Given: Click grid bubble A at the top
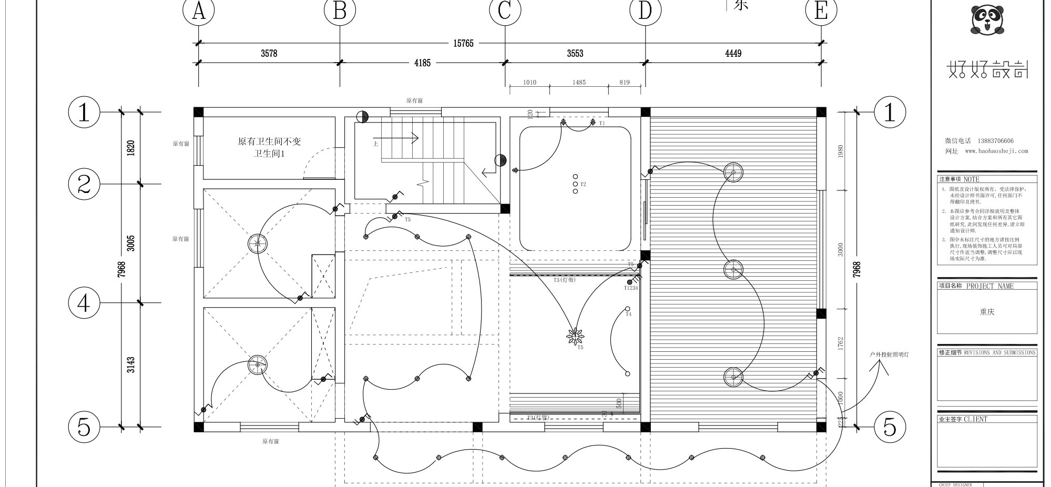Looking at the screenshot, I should click(198, 11).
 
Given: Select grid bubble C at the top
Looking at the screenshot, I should click(505, 11).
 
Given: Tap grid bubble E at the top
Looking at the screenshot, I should click(821, 11).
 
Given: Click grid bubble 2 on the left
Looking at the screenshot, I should click(84, 184).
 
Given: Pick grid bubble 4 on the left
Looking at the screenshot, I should click(84, 303).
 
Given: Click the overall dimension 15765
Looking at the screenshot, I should click(463, 44).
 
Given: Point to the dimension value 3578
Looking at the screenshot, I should click(269, 54).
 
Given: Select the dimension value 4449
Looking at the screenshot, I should click(733, 54).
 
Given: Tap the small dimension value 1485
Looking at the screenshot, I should click(579, 83).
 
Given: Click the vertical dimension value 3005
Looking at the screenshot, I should click(131, 244).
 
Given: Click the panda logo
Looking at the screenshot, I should click(987, 20).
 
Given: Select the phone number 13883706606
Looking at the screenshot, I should click(995, 141).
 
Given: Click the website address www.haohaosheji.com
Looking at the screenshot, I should click(996, 151).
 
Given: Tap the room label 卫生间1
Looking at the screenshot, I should click(269, 154).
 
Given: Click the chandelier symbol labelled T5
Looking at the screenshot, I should click(575, 336).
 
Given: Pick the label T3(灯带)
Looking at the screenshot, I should click(565, 280).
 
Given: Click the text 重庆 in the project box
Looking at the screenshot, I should click(987, 312).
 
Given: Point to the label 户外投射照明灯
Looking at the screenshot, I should click(889, 354).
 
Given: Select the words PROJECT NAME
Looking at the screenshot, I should click(989, 286).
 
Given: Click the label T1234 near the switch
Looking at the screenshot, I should click(631, 288).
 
